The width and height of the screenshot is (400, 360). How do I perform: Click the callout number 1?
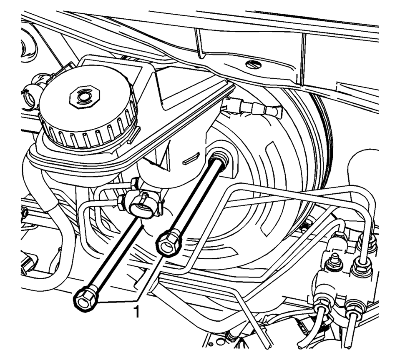coord(137,312)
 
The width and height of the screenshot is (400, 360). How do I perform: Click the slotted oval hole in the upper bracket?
coord(253,65)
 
